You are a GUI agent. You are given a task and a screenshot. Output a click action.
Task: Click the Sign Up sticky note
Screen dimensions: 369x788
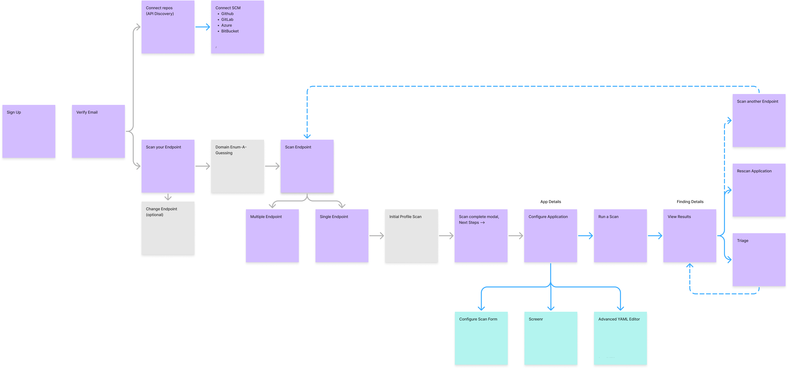click(29, 132)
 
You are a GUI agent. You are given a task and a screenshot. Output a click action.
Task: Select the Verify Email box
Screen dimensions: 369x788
click(98, 132)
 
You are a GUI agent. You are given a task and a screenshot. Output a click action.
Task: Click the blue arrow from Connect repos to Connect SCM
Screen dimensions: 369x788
click(203, 27)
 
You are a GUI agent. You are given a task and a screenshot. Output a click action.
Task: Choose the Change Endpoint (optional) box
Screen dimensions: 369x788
click(168, 228)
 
